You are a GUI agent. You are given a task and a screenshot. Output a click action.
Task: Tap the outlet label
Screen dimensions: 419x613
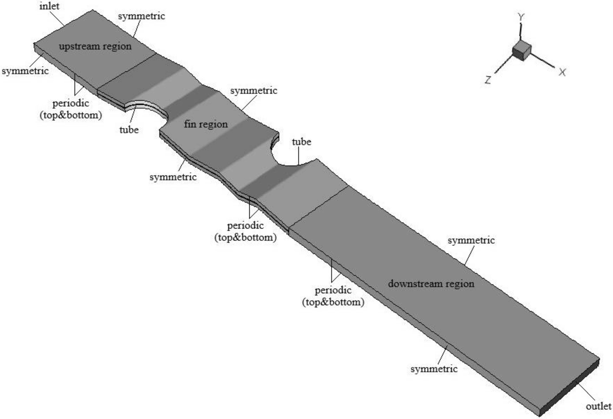598,406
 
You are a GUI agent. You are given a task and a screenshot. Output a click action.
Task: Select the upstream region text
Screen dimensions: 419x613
95,46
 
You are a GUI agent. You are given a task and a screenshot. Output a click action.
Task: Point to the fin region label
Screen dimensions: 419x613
206,124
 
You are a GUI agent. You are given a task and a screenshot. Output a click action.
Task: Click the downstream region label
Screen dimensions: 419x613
431,284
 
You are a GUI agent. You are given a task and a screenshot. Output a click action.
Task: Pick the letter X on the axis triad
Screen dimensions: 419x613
562,72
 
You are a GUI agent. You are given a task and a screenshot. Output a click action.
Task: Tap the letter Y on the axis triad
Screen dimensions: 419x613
521,17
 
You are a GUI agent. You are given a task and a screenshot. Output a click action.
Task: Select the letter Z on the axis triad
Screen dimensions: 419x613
488,80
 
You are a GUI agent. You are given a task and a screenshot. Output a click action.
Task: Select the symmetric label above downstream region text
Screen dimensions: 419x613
471,240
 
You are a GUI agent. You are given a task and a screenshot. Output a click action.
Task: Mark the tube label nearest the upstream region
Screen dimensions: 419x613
129,130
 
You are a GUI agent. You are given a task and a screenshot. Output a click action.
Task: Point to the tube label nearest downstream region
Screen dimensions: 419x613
301,142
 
